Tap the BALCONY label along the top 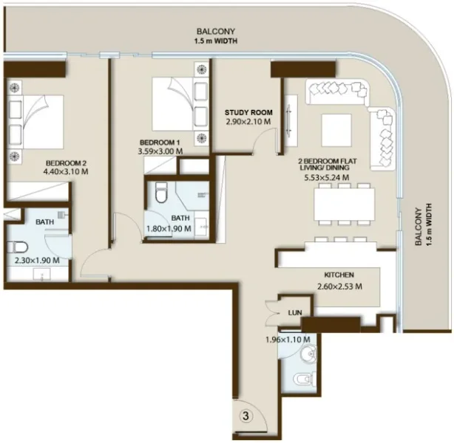click(216, 31)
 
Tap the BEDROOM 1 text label click(160, 142)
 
